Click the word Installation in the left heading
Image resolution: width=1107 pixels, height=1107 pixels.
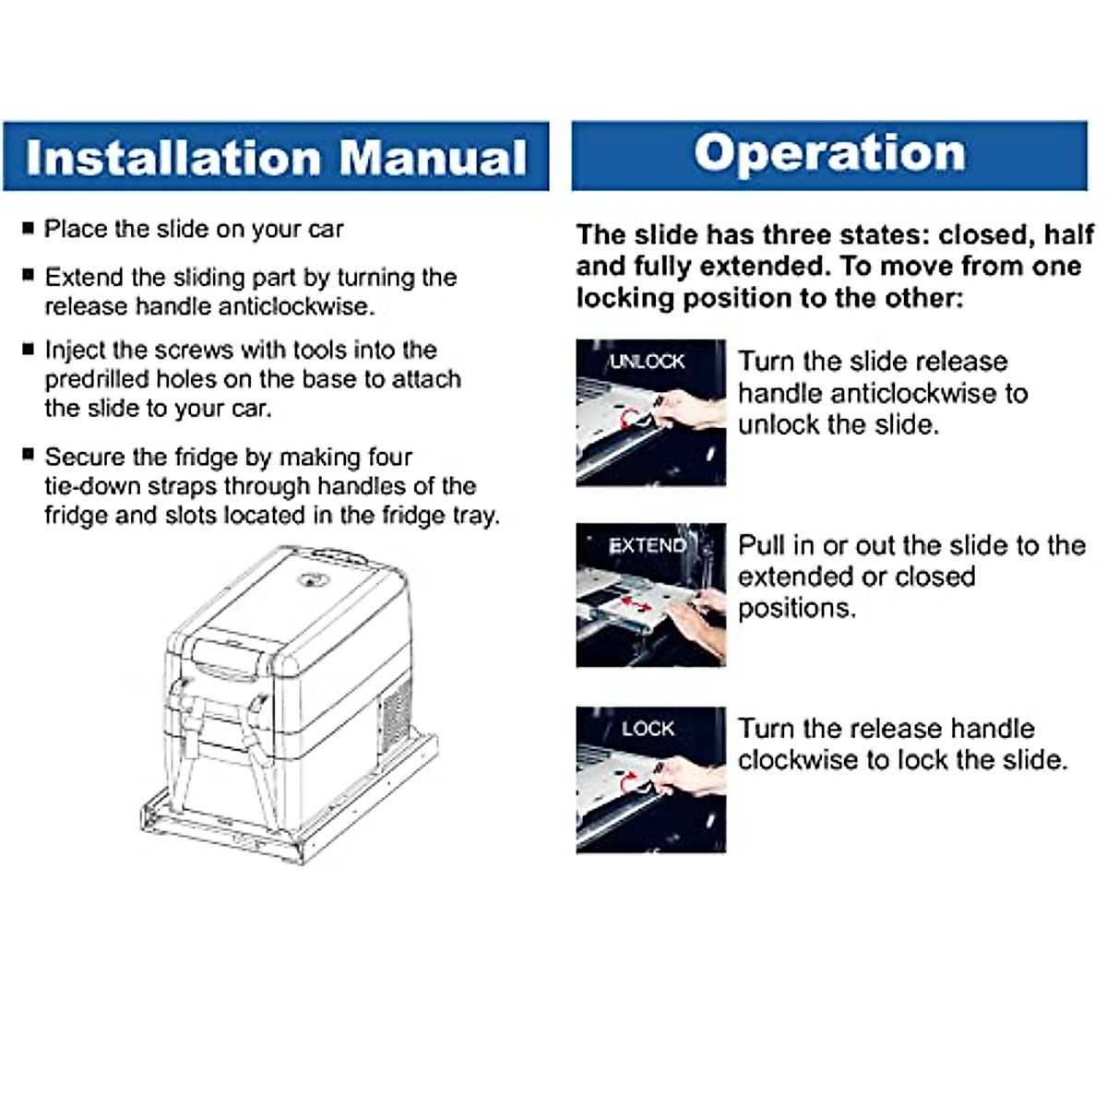(173, 158)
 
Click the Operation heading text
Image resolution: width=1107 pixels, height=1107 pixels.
(829, 154)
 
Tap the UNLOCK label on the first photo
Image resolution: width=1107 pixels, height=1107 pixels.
(648, 362)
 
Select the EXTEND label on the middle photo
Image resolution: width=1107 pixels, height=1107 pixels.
(648, 545)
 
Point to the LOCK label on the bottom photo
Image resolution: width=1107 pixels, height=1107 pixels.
(648, 729)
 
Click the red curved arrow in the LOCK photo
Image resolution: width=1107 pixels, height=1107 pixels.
(630, 782)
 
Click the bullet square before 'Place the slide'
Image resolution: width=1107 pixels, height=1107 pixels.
(29, 228)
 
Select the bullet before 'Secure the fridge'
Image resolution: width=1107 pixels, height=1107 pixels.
(29, 455)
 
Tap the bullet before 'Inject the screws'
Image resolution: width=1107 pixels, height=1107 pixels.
(29, 349)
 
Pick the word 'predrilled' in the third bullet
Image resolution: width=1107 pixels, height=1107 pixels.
(97, 380)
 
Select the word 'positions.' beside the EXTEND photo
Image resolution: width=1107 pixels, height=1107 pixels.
(797, 609)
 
